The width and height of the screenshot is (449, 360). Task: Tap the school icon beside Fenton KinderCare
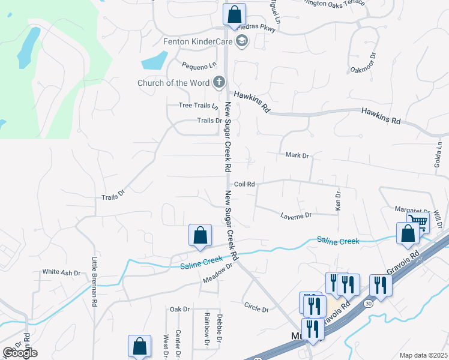(242, 41)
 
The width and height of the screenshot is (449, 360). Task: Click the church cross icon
(220, 82)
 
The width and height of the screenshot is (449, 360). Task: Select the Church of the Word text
(173, 83)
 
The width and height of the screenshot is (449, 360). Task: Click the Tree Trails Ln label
(199, 106)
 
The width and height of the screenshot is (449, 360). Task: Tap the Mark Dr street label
(297, 155)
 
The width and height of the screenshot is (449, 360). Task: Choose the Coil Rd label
(244, 184)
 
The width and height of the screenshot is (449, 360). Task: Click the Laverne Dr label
(297, 215)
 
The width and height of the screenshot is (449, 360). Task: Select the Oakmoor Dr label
(364, 63)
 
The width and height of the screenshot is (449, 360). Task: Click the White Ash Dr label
(61, 272)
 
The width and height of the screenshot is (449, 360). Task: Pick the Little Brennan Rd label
(94, 282)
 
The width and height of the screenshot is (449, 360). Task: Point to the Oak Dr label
(179, 309)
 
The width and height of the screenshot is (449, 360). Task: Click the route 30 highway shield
(367, 304)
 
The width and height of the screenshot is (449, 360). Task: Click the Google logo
(20, 353)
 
